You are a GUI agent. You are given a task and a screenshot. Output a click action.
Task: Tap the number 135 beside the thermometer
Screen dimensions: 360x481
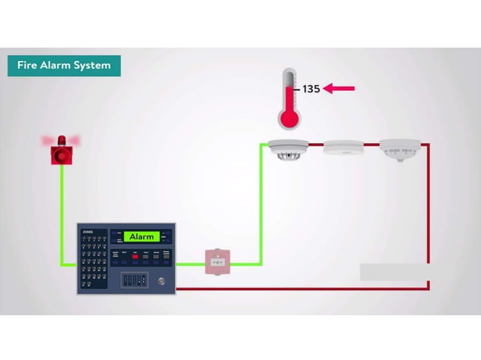(x=311, y=89)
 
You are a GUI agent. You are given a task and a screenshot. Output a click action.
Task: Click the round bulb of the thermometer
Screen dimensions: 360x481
(x=288, y=118)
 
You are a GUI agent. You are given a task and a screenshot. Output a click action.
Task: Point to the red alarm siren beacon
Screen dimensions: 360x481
(x=61, y=150)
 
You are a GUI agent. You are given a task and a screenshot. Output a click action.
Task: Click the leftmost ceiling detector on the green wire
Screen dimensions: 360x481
(x=289, y=149)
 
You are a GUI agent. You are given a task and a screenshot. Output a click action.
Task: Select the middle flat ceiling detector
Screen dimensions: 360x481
(x=343, y=148)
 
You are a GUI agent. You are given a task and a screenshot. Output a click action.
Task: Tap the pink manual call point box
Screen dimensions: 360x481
(x=217, y=261)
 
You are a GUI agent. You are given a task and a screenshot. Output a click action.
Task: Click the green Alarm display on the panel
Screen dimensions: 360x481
(x=142, y=236)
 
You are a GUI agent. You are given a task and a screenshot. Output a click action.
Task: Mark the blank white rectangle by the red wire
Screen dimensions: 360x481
(x=394, y=272)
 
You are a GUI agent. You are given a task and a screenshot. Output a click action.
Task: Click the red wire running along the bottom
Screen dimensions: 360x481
(x=302, y=288)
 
